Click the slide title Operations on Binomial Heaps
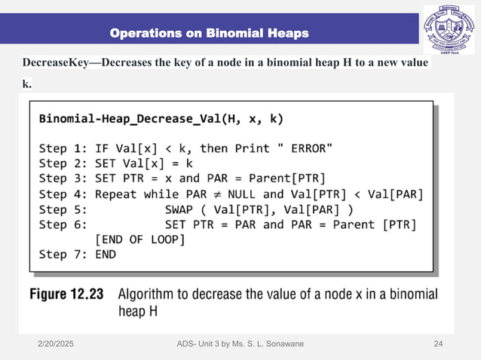click(209, 33)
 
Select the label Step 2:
click(63, 163)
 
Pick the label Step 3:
click(63, 178)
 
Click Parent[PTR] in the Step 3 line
click(290, 178)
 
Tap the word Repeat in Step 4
click(118, 194)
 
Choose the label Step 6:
click(63, 224)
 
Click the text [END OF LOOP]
click(139, 239)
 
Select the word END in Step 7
click(106, 255)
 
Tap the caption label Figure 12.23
click(66, 294)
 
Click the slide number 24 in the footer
click(438, 344)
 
